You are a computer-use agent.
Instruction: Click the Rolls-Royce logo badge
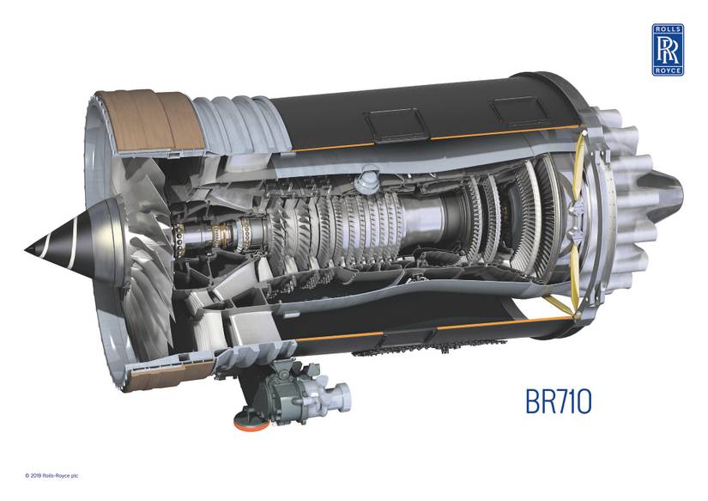point(667,49)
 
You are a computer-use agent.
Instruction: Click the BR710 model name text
point(558,402)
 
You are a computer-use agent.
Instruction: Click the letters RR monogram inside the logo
point(667,49)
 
